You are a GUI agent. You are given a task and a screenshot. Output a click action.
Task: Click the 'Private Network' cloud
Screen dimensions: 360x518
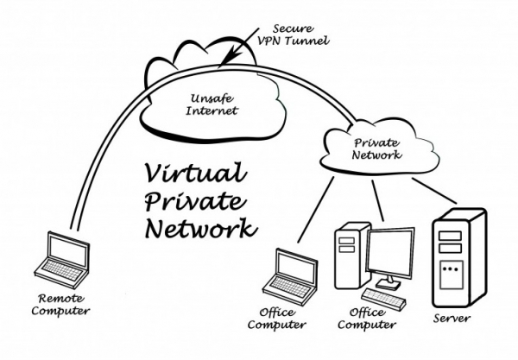[x=377, y=148]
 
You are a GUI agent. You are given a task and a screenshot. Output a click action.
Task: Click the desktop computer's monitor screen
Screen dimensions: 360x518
[x=391, y=251]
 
